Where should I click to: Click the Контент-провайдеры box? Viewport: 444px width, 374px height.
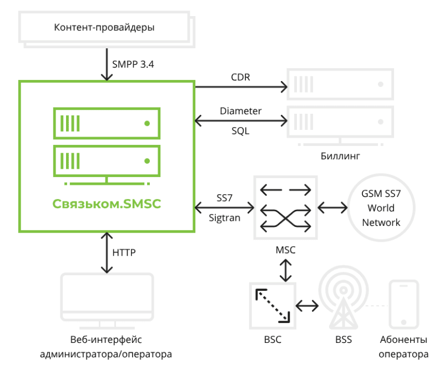pos(104,27)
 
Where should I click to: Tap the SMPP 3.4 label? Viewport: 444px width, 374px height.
pos(133,64)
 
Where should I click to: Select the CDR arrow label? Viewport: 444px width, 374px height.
pos(240,77)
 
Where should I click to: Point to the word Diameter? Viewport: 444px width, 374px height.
pos(240,110)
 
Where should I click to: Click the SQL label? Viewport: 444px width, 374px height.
pos(240,132)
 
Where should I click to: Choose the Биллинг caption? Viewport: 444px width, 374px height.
pos(340,156)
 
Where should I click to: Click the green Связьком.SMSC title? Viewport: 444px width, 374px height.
pos(107,204)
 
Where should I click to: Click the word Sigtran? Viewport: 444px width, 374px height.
pos(225,218)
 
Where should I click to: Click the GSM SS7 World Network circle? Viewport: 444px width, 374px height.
pos(381,209)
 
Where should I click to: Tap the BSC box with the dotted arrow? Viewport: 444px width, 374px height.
pos(273,305)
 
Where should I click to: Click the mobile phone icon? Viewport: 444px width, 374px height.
pos(403,305)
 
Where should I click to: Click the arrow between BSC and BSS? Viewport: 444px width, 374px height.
pos(307,305)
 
